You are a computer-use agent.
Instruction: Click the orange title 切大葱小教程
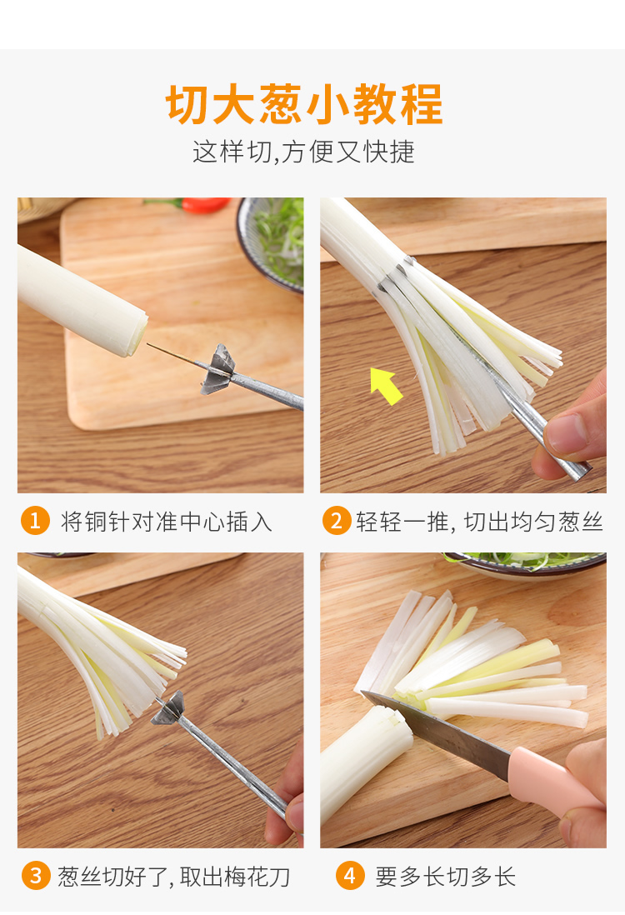pos(304,104)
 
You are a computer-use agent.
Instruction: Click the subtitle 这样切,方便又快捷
pos(303,152)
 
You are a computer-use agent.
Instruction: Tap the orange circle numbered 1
pos(35,520)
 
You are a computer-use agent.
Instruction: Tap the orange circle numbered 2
pos(337,520)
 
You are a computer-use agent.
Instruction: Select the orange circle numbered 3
pos(36,876)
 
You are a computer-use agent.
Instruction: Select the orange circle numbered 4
pos(350,876)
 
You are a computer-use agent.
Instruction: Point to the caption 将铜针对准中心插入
pos(167,521)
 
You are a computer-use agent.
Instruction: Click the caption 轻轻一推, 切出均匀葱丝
pos(479,521)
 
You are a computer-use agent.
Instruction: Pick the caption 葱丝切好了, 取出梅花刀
pos(174,877)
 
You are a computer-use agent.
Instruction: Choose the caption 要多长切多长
pos(445,877)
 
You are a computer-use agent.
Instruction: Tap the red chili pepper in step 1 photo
pos(204,205)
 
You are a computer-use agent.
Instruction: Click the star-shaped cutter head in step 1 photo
pos(218,369)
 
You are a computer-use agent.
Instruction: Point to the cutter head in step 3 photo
pos(168,709)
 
